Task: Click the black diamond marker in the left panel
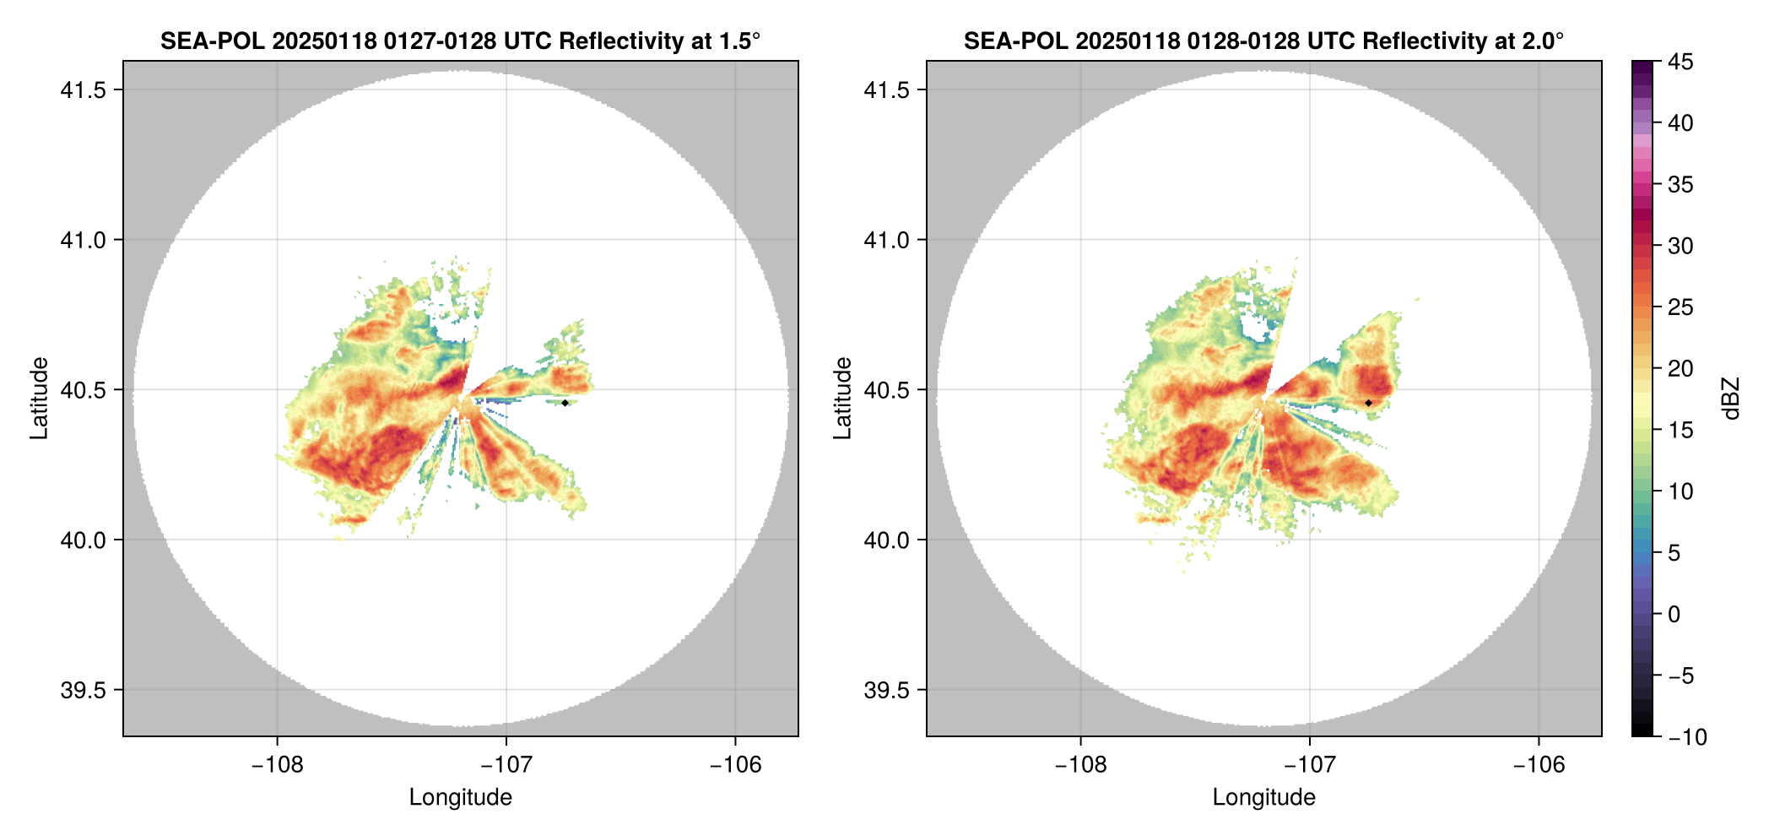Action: pos(565,403)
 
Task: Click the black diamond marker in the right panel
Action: pos(1368,403)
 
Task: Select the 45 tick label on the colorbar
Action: pos(1680,62)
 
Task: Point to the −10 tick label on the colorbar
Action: pos(1688,737)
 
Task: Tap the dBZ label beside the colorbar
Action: pos(1731,399)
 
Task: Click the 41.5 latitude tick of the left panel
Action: pos(84,90)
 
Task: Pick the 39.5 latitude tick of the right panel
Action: pos(887,690)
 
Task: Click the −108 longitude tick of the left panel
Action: pos(277,765)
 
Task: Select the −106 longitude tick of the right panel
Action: pos(1539,765)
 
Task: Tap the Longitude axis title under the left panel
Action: pos(460,797)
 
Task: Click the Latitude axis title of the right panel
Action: pos(842,399)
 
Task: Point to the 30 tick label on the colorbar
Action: pos(1680,246)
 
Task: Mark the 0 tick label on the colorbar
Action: pos(1674,615)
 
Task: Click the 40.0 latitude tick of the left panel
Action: pos(84,540)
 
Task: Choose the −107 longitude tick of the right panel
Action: pos(1309,765)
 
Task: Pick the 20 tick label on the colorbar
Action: pos(1680,369)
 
